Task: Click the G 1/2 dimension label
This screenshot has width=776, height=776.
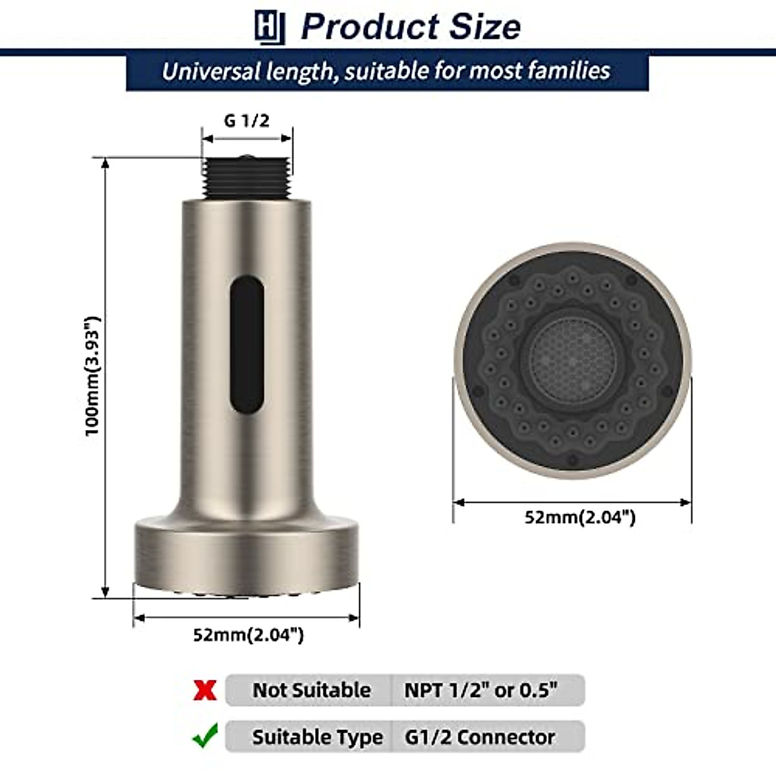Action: pyautogui.click(x=246, y=121)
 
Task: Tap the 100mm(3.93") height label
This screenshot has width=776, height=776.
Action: pyautogui.click(x=94, y=376)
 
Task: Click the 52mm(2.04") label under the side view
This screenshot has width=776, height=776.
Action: pyautogui.click(x=248, y=635)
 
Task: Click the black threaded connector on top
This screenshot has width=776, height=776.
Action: pyautogui.click(x=246, y=177)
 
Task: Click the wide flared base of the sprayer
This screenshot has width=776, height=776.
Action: pyautogui.click(x=246, y=553)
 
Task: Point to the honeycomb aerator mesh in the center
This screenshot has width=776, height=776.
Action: pyautogui.click(x=572, y=358)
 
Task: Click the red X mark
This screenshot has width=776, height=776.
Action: pyautogui.click(x=205, y=690)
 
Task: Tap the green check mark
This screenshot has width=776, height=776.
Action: pyautogui.click(x=205, y=737)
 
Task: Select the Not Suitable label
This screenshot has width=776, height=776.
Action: pyautogui.click(x=311, y=690)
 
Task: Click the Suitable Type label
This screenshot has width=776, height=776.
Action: pyautogui.click(x=317, y=737)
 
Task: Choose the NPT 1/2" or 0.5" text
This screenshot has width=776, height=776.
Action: pyautogui.click(x=480, y=690)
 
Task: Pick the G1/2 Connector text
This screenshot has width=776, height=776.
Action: pyautogui.click(x=480, y=737)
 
